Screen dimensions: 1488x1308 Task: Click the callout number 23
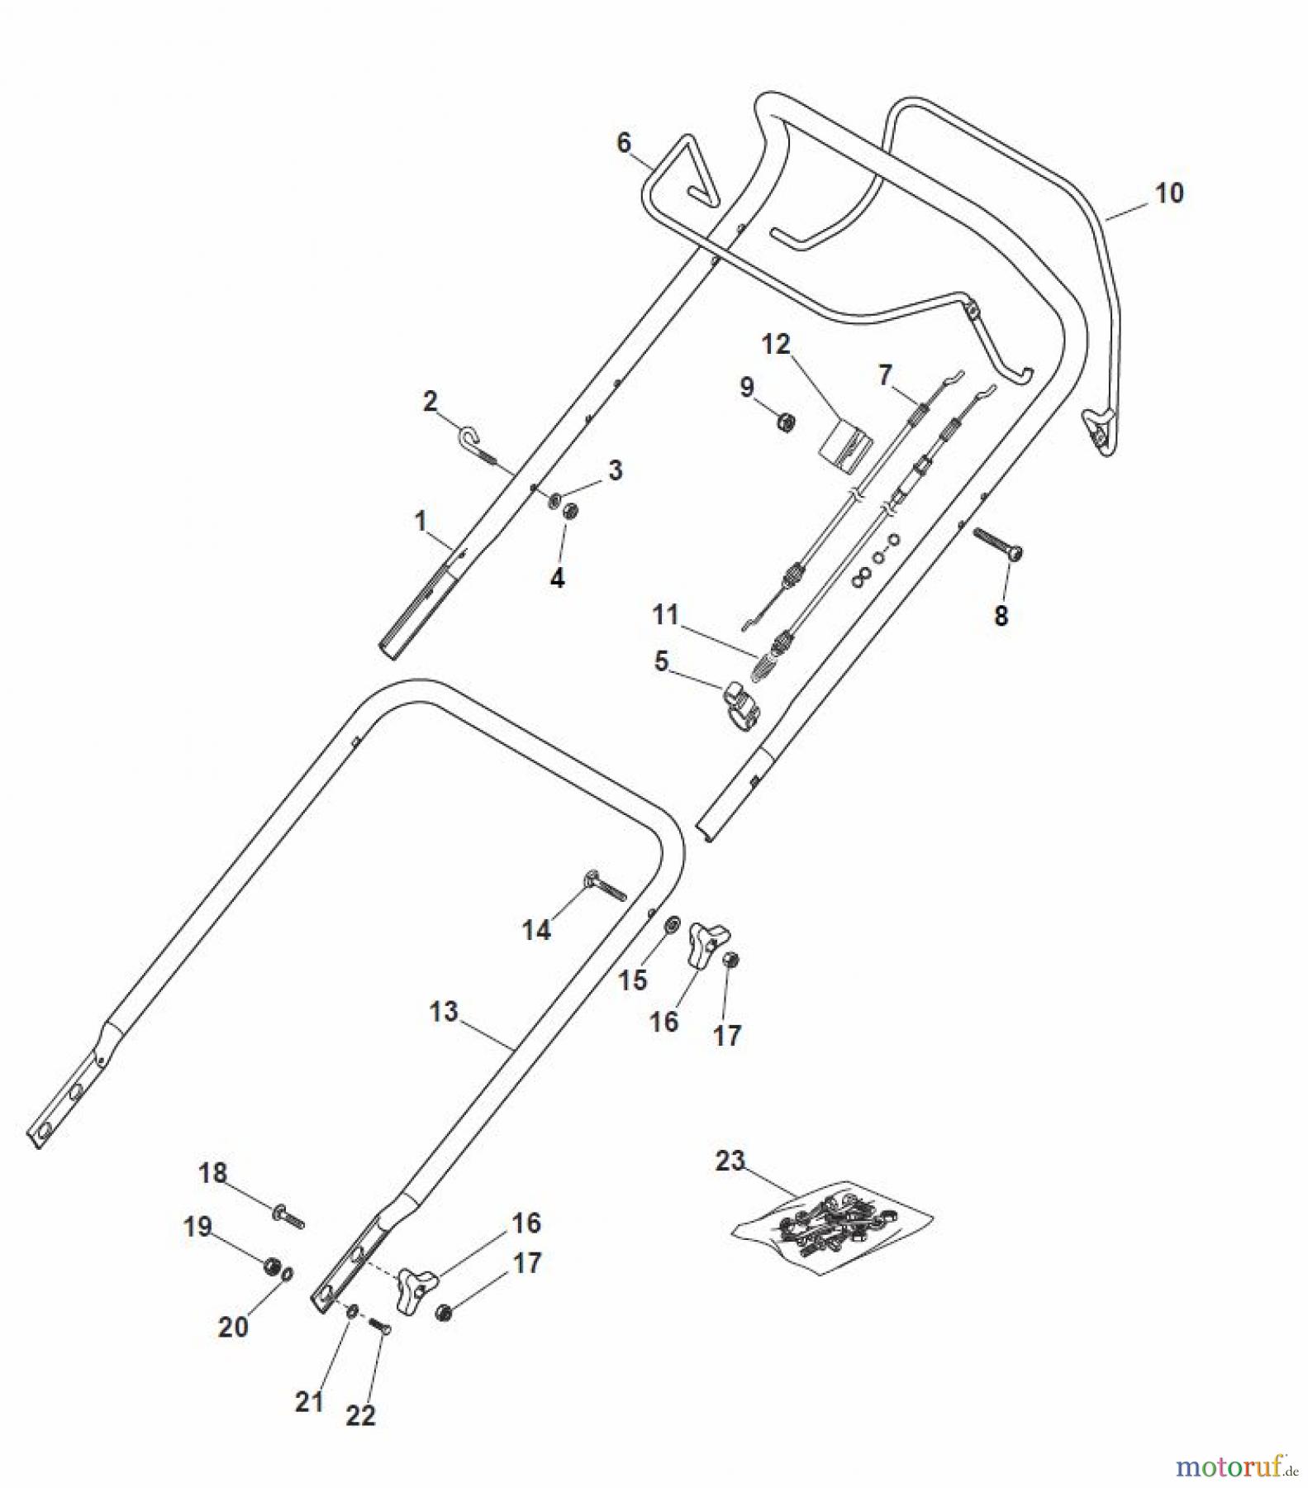click(x=730, y=1161)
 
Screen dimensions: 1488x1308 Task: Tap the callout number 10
click(x=1168, y=193)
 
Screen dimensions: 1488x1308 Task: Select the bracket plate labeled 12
click(x=845, y=446)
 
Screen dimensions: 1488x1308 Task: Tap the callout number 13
click(x=444, y=1011)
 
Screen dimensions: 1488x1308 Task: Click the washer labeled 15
click(x=672, y=921)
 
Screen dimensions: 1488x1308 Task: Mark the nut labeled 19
click(x=270, y=1266)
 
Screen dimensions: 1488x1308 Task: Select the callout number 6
click(x=624, y=143)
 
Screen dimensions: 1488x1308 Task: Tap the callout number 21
click(x=309, y=1401)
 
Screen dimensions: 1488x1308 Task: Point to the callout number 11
click(x=665, y=614)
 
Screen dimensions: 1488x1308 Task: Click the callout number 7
click(x=885, y=374)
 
